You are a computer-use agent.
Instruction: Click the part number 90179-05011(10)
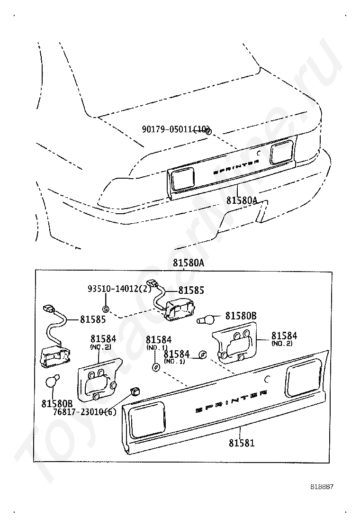click(x=175, y=129)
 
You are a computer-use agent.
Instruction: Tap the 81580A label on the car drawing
click(x=242, y=200)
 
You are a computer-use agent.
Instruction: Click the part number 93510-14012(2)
click(x=119, y=288)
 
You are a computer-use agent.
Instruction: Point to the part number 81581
click(x=242, y=443)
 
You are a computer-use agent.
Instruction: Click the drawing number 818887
click(x=322, y=487)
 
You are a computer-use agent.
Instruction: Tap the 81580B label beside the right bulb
click(x=241, y=316)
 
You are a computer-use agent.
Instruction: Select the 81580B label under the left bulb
click(x=57, y=404)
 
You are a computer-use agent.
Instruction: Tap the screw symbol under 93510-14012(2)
click(x=106, y=309)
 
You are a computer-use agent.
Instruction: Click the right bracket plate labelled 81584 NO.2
click(x=236, y=342)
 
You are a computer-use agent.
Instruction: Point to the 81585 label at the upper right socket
click(x=191, y=290)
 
